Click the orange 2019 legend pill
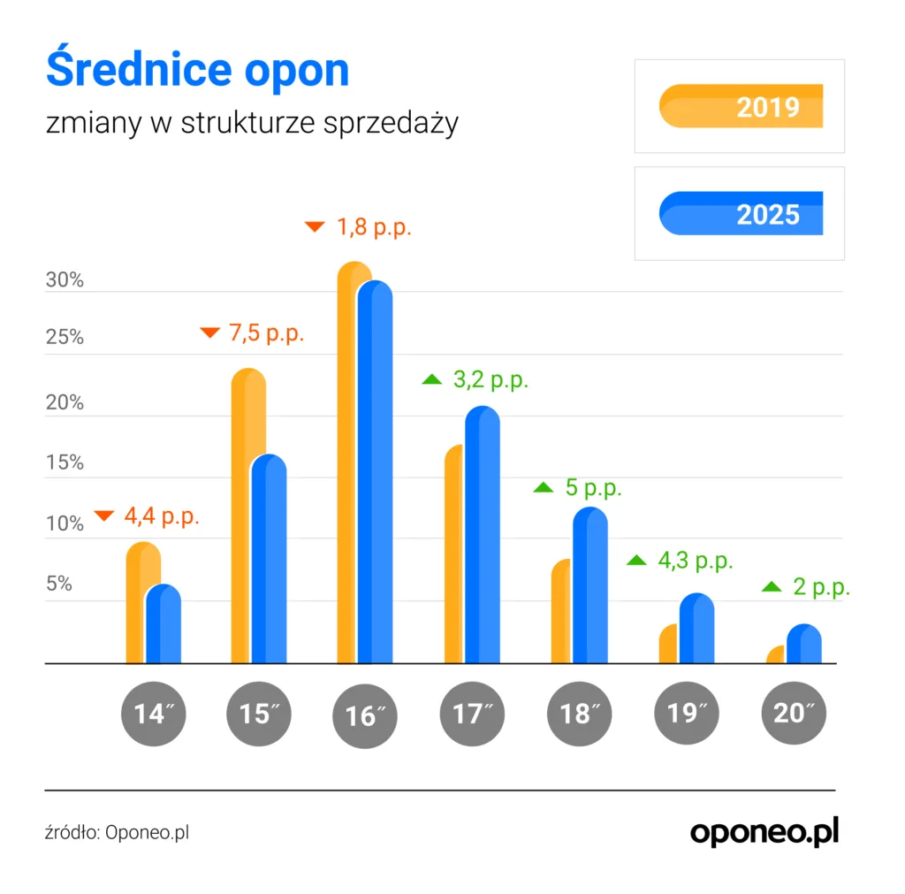[x=741, y=106]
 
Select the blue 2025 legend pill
[x=741, y=213]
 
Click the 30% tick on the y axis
[x=65, y=281]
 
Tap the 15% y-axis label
[x=65, y=462]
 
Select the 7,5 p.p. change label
[x=266, y=334]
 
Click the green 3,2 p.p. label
[x=491, y=380]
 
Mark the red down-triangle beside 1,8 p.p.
[x=315, y=226]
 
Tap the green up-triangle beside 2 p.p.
[x=772, y=586]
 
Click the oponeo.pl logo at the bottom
[x=764, y=831]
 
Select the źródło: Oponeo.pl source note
[x=117, y=832]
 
